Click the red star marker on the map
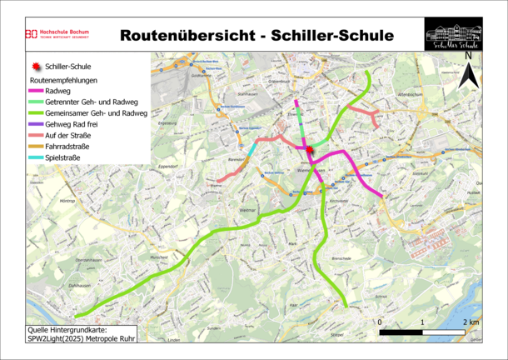[310, 150]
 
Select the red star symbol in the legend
[35, 66]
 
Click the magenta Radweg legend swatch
[36, 91]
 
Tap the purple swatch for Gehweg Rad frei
[36, 124]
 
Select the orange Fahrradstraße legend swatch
[36, 147]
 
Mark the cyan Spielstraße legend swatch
[36, 157]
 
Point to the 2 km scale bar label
[472, 322]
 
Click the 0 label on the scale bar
[380, 322]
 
